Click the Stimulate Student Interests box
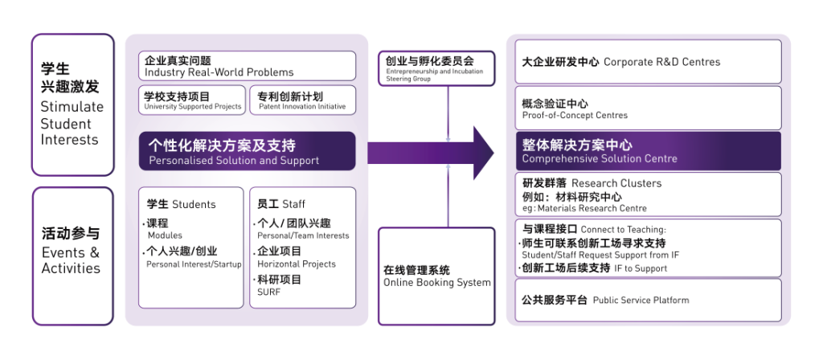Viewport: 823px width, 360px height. (72, 104)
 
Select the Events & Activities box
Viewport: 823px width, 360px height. (72, 255)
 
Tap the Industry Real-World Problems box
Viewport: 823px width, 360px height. (247, 66)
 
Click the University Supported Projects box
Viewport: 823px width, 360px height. (192, 100)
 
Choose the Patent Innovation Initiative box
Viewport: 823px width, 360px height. (302, 100)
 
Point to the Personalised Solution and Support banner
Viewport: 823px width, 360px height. (247, 152)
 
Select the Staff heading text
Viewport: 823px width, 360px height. (281, 204)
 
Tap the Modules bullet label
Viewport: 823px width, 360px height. (165, 235)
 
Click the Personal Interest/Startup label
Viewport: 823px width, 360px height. (194, 264)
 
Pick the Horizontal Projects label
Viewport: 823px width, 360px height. (297, 264)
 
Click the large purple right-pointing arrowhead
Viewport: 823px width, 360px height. (483, 152)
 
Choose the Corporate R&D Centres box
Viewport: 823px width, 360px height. (648, 62)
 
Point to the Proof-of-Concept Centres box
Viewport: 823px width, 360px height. (648, 108)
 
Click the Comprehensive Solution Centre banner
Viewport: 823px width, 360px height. (648, 152)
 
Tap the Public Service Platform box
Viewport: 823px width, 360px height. (648, 300)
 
